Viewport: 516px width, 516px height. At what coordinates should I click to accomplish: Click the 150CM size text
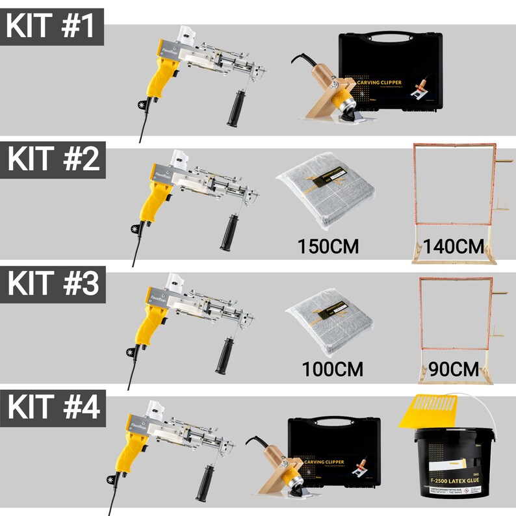click(328, 246)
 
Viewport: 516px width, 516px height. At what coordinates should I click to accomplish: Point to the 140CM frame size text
click(453, 246)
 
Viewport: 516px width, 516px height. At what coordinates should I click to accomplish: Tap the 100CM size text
click(331, 370)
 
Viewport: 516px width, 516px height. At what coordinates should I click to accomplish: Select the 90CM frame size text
click(454, 370)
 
